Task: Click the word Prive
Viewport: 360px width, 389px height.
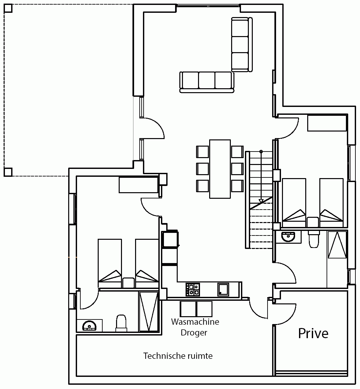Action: [x=313, y=333]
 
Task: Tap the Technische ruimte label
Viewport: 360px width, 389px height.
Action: [x=178, y=356]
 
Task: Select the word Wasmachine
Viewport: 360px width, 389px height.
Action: [x=195, y=322]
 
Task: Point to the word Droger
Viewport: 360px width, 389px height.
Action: [x=194, y=333]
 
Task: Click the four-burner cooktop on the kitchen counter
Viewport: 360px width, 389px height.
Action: [x=193, y=290]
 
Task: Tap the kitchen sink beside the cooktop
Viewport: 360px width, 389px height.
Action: [x=223, y=289]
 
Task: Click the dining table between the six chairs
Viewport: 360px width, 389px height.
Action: [x=220, y=169]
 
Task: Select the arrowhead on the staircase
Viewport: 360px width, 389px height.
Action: [x=261, y=201]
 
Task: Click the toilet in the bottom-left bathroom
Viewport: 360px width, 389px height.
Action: [x=121, y=323]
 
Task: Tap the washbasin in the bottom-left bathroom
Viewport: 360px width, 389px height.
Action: [x=89, y=325]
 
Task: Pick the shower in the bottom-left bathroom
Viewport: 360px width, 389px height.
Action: [x=148, y=311]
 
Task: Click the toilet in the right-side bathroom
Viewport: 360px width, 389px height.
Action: [x=314, y=239]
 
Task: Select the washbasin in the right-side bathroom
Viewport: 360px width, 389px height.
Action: [x=288, y=236]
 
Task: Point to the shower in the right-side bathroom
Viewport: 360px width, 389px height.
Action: [x=337, y=245]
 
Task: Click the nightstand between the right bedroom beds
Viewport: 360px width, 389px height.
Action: [x=313, y=222]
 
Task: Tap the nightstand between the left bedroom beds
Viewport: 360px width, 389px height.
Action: [x=129, y=283]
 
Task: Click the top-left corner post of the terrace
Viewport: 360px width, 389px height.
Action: [x=8, y=8]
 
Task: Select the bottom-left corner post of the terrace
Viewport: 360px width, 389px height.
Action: [x=8, y=172]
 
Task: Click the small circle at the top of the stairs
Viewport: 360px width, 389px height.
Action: [x=261, y=151]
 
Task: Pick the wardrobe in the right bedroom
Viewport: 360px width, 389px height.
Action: [x=327, y=123]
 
